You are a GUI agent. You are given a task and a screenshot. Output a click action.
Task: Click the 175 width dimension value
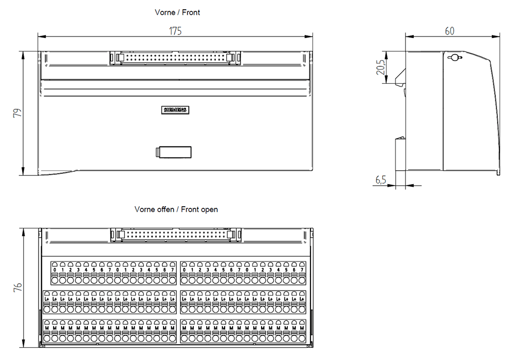pyautogui.click(x=175, y=31)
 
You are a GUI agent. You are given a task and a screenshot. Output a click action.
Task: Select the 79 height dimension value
pyautogui.click(x=16, y=113)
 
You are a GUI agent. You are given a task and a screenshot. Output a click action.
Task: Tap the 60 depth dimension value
pyautogui.click(x=449, y=31)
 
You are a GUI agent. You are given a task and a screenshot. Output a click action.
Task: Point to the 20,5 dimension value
pyautogui.click(x=380, y=67)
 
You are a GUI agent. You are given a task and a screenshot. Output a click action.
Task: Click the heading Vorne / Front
pyautogui.click(x=177, y=12)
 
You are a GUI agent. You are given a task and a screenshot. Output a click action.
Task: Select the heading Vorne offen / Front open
pyautogui.click(x=176, y=209)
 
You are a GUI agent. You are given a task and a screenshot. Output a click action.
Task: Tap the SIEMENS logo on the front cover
pyautogui.click(x=175, y=110)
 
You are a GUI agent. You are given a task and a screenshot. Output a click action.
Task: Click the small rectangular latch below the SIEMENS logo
pyautogui.click(x=174, y=152)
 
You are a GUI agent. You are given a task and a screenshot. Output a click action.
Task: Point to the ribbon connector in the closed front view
pyautogui.click(x=175, y=58)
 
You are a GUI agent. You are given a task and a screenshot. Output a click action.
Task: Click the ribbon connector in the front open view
pyautogui.click(x=175, y=235)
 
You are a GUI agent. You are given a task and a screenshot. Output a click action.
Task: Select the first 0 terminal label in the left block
pyautogui.click(x=54, y=269)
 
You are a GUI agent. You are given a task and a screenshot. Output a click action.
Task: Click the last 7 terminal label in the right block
pyautogui.click(x=302, y=269)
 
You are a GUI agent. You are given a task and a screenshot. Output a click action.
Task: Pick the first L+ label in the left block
pyautogui.click(x=47, y=299)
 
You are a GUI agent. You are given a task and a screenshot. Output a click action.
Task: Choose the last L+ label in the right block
pyautogui.click(x=302, y=299)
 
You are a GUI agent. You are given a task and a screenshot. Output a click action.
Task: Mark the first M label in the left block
pyautogui.click(x=47, y=328)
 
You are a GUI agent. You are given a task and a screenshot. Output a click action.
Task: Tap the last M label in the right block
pyautogui.click(x=302, y=328)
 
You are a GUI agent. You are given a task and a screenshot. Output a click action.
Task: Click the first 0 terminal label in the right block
pyautogui.click(x=185, y=269)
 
